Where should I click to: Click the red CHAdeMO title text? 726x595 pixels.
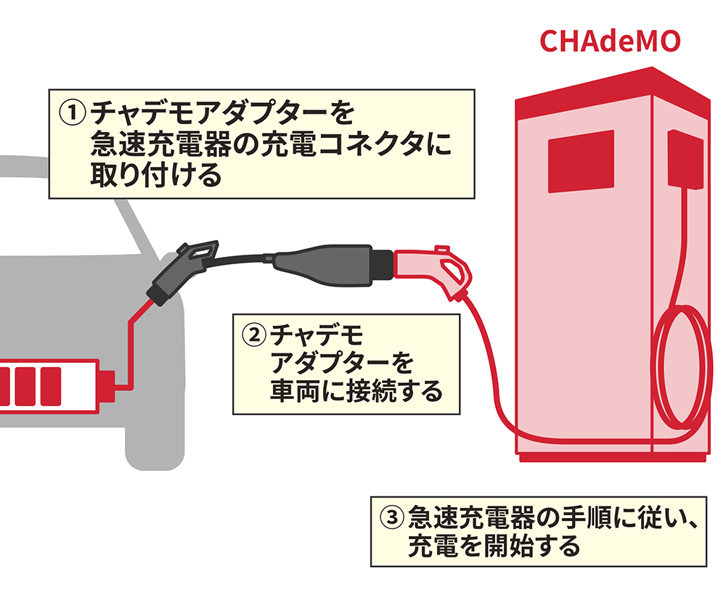tap(609, 41)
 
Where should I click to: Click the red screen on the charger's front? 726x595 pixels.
tap(580, 160)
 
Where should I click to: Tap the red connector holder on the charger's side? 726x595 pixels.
tap(685, 159)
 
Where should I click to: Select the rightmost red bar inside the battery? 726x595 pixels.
tap(50, 385)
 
